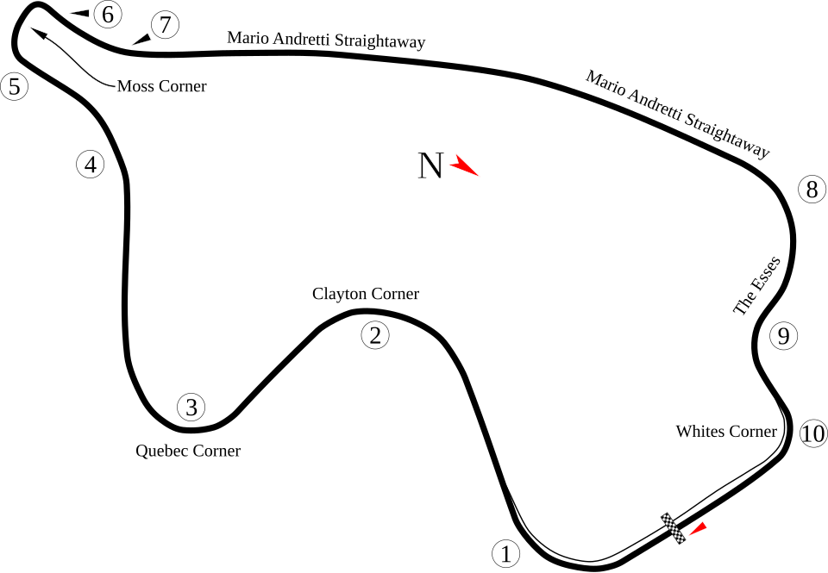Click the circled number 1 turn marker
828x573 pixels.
(506, 553)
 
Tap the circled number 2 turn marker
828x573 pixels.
(375, 335)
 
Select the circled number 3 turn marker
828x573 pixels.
(191, 407)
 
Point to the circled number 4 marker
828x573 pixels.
(91, 164)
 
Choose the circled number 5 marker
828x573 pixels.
(15, 86)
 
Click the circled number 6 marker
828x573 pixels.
(108, 15)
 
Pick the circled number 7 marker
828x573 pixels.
(166, 25)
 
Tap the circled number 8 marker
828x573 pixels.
(812, 189)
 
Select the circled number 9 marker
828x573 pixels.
(783, 335)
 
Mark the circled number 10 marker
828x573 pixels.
(813, 433)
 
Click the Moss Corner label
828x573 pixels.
(161, 86)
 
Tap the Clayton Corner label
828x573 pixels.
(366, 293)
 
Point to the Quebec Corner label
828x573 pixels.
(188, 451)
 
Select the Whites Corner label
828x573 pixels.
(726, 431)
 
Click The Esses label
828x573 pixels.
(756, 285)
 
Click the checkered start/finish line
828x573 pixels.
(674, 528)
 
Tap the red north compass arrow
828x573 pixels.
(464, 165)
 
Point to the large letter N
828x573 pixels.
(430, 165)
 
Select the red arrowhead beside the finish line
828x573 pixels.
(698, 529)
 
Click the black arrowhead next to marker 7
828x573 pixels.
(141, 39)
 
